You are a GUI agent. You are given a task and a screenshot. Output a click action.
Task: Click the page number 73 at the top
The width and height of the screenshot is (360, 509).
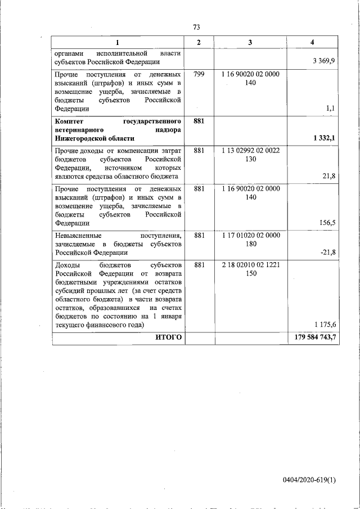pyautogui.click(x=196, y=27)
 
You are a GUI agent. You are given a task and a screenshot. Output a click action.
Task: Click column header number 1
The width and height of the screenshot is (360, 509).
pyautogui.click(x=117, y=43)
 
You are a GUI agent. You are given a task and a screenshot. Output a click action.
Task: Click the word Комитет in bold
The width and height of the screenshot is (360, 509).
pyautogui.click(x=71, y=121)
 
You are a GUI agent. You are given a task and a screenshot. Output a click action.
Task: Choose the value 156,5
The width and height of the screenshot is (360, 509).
pyautogui.click(x=326, y=223)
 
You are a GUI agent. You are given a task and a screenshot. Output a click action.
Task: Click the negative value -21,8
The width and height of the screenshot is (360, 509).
pyautogui.click(x=327, y=252)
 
